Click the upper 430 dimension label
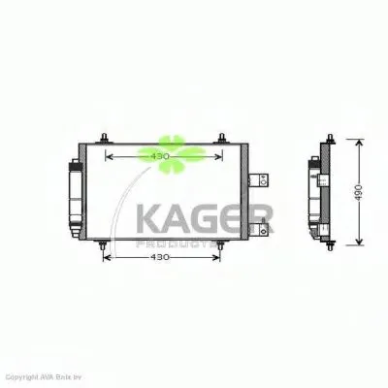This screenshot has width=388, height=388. [x=160, y=156]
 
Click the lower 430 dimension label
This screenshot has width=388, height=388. [x=160, y=257]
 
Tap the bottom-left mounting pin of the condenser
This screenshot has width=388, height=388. [x=102, y=254]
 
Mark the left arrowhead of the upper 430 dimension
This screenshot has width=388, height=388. [x=108, y=156]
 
